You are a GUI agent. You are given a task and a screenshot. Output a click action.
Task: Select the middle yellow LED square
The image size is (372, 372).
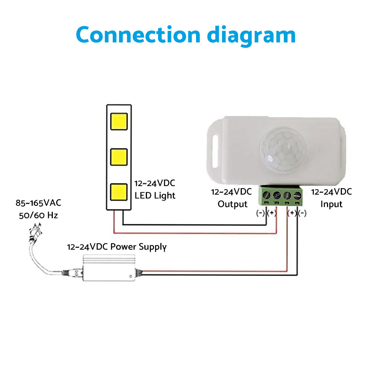[119, 157]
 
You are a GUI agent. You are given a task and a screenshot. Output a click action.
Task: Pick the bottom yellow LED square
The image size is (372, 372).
[119, 192]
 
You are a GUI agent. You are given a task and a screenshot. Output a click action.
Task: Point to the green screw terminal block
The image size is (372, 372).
[282, 196]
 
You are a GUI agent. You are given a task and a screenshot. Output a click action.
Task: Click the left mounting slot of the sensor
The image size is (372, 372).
[215, 152]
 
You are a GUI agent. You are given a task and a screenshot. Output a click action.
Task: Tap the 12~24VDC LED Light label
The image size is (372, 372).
[155, 189]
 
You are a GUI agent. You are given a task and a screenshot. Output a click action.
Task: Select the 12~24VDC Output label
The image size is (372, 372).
[232, 198]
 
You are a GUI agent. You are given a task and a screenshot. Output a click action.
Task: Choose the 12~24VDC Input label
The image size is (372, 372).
[331, 198]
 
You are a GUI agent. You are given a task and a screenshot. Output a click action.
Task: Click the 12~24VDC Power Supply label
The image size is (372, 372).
[117, 247]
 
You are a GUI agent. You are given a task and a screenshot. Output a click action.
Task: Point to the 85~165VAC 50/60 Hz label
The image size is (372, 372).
[38, 209]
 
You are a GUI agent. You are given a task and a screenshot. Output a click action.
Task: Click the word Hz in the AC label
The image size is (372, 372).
[52, 215]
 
